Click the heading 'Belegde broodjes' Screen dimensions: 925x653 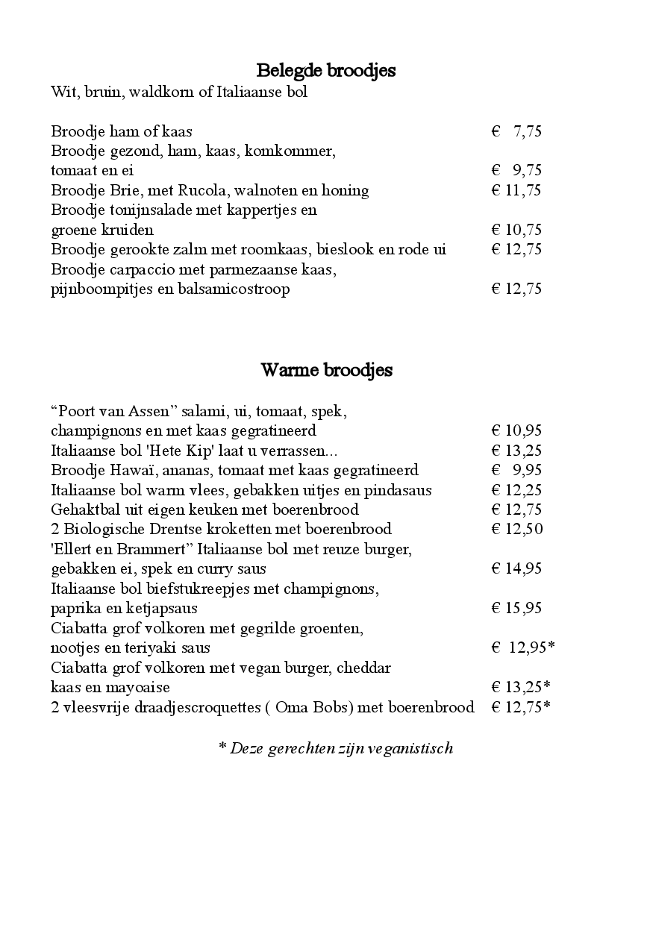pyautogui.click(x=325, y=71)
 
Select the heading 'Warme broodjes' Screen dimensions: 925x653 pyautogui.click(x=326, y=370)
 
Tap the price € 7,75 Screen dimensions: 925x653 pyautogui.click(x=516, y=132)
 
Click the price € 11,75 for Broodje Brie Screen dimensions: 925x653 pyautogui.click(x=516, y=190)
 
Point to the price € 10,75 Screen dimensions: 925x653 pyautogui.click(x=516, y=230)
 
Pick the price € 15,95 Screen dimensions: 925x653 pyautogui.click(x=516, y=608)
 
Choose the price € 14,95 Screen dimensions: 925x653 pyautogui.click(x=516, y=568)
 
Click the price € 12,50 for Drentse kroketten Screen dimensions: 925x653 pyautogui.click(x=516, y=529)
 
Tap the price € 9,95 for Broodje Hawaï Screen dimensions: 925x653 pyautogui.click(x=516, y=470)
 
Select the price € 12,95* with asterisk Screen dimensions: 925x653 pyautogui.click(x=522, y=647)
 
